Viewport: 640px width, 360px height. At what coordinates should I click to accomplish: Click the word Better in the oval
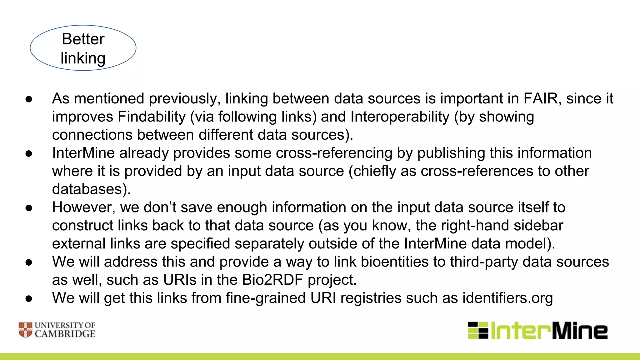coord(83,39)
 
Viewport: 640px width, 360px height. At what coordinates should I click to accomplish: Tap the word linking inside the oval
coord(83,58)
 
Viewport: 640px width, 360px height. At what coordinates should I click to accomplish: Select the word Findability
coord(152,117)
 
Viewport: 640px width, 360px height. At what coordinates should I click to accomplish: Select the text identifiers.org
coord(507,298)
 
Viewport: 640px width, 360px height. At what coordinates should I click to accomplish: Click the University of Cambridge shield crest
coord(25,330)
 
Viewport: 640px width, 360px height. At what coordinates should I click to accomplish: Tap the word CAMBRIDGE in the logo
coord(65,334)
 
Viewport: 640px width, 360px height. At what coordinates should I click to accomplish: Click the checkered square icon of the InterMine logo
coord(478,330)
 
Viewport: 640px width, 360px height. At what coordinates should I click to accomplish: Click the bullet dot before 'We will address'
coord(29,262)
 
